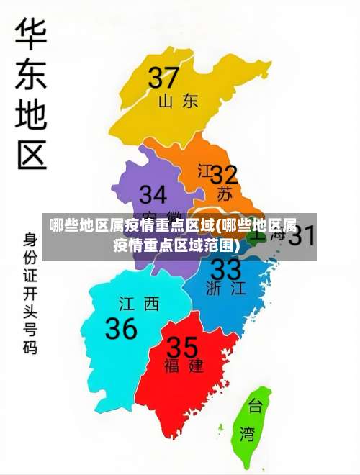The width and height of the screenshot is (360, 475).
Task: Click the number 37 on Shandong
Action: tap(164, 78)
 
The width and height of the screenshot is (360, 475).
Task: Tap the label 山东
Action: tap(179, 101)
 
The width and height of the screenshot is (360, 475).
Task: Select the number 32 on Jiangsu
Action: tap(224, 175)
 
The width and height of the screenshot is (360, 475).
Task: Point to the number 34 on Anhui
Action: tap(153, 195)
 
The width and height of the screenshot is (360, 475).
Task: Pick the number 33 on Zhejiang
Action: tap(225, 270)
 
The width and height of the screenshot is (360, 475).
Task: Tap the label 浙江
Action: tap(225, 289)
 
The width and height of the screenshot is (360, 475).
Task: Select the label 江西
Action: tap(139, 304)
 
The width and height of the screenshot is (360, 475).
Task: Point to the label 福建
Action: tap(184, 366)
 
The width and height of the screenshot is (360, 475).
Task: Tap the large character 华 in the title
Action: tap(31, 37)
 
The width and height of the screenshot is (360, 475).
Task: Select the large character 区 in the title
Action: tap(31, 154)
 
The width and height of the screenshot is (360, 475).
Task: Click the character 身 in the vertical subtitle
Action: tap(30, 238)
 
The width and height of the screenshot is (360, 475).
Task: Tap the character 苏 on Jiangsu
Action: tap(225, 194)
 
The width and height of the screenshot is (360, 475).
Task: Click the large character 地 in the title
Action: tap(31, 115)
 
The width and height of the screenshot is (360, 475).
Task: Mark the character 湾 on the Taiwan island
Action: tap(248, 434)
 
